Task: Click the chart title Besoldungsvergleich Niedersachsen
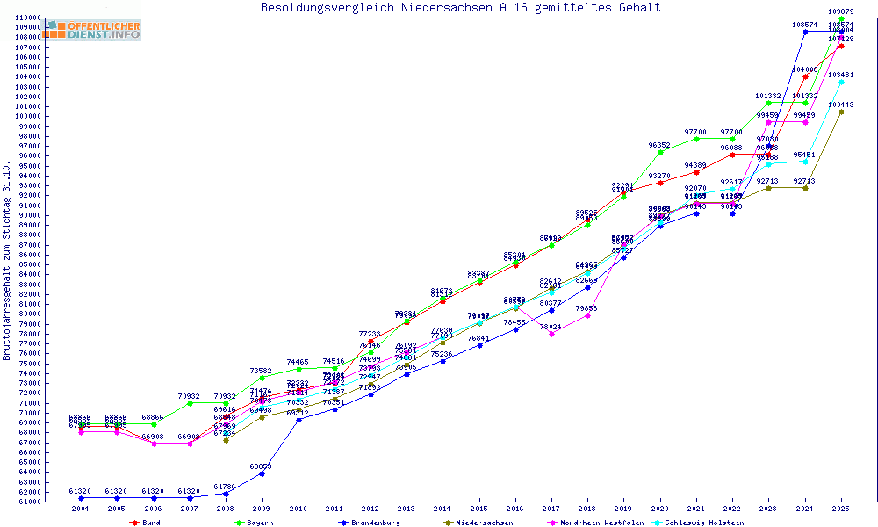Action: pos(460,8)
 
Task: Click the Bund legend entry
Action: pos(150,523)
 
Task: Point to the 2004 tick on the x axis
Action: pos(81,509)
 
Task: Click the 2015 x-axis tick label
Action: pos(479,509)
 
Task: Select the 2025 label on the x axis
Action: pos(841,509)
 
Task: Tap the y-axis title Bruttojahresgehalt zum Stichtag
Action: pos(8,261)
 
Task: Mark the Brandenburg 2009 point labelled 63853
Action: pos(262,473)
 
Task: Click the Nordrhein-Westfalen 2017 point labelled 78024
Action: pos(551,334)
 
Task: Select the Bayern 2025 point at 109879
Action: pos(841,18)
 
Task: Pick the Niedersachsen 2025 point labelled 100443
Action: pos(841,112)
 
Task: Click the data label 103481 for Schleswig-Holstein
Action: pos(841,75)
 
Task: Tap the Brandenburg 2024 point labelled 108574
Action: pos(805,32)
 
